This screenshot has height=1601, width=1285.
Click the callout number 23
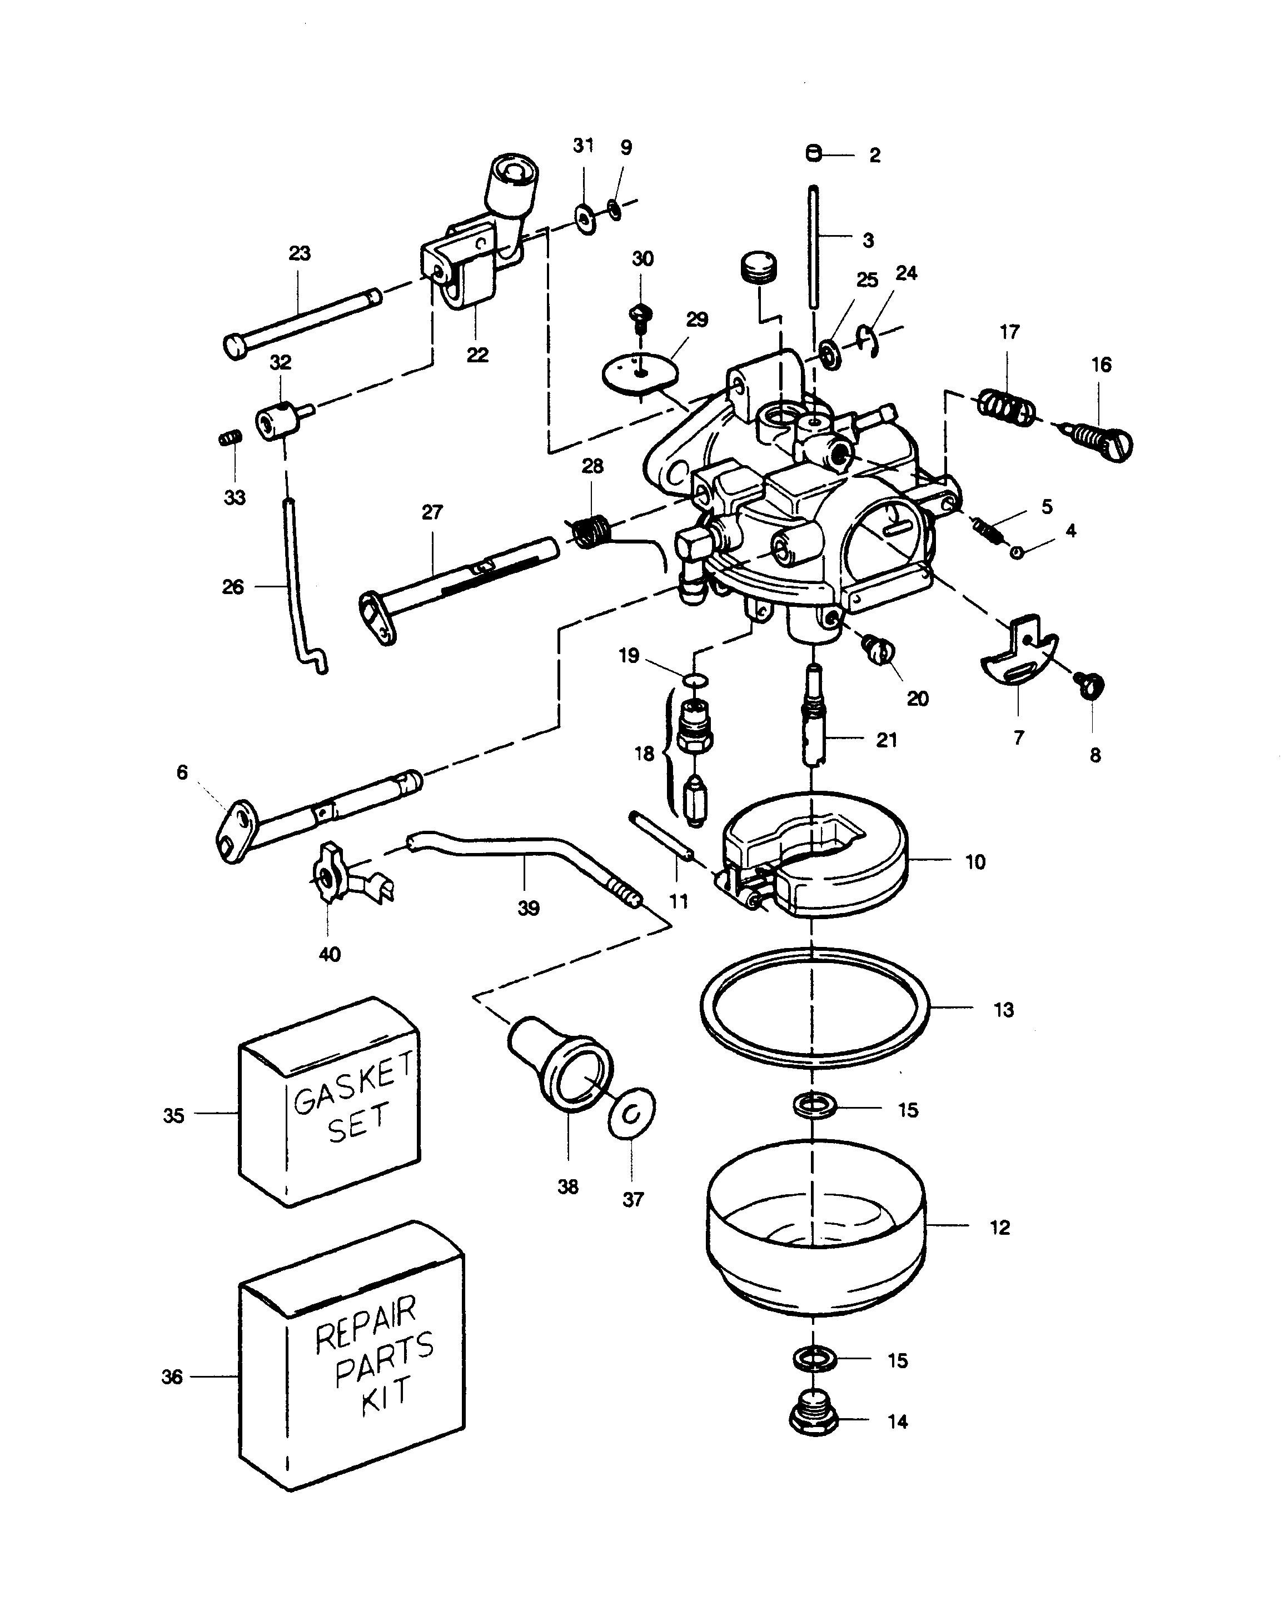[x=300, y=253]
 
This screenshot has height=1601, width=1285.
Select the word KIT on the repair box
[x=386, y=1396]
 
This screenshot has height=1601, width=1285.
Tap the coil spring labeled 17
[x=1007, y=407]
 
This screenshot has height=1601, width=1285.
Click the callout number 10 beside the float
[x=974, y=861]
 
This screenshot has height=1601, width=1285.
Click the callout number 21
[x=886, y=740]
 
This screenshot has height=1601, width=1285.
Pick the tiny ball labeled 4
[x=1017, y=552]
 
